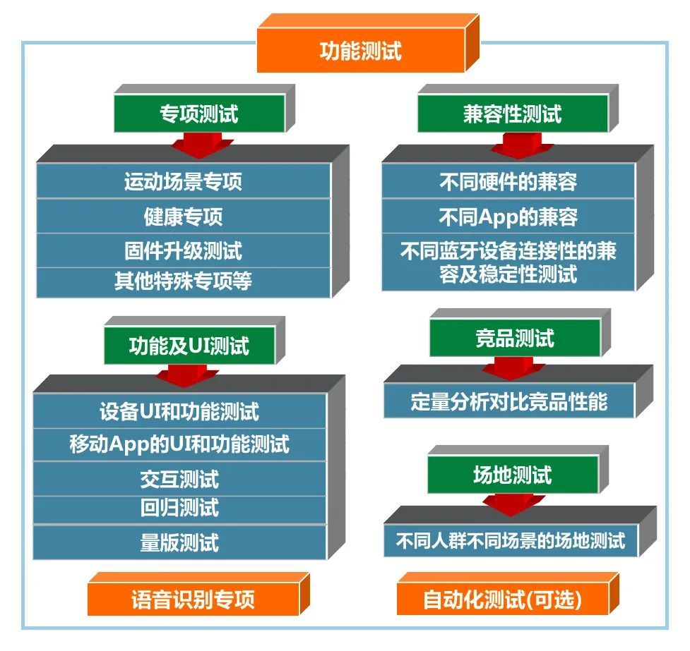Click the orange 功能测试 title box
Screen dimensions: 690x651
tap(360, 51)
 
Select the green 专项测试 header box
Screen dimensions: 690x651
tap(198, 114)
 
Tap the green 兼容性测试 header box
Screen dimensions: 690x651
tap(512, 114)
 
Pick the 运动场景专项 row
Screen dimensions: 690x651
tap(183, 181)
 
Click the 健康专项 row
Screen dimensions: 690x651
tap(183, 216)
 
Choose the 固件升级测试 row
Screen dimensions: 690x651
tap(183, 250)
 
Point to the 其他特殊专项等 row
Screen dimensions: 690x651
tap(183, 281)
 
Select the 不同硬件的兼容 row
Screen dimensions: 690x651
tap(508, 181)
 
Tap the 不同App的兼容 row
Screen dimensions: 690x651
tap(508, 217)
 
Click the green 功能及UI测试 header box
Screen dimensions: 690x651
tap(189, 346)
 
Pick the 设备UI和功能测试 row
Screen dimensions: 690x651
tap(179, 410)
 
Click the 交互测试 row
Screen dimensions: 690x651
tap(179, 479)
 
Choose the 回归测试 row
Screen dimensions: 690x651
tap(179, 509)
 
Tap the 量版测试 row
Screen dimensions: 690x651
tap(179, 542)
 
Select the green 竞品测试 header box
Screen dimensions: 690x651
tap(514, 338)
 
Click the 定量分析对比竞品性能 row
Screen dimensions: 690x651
tap(508, 401)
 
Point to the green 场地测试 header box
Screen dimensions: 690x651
tap(512, 475)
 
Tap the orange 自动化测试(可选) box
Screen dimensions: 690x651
tap(502, 600)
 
